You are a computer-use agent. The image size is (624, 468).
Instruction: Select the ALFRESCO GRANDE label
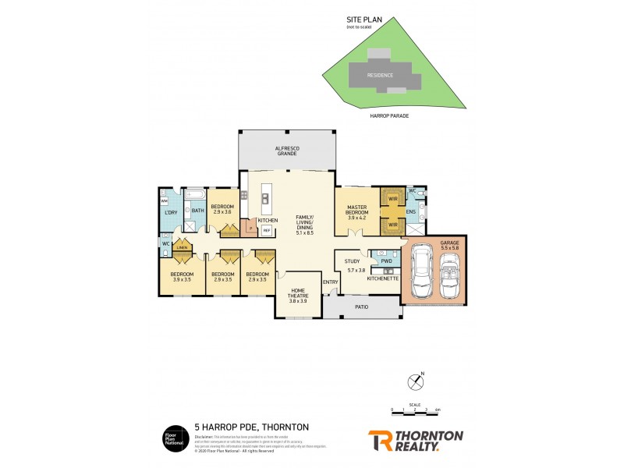tap(288, 151)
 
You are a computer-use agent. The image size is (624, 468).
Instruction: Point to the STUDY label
tap(352, 261)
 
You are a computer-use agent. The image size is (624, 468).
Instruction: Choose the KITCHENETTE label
tap(383, 278)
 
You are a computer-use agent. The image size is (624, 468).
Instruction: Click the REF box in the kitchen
tap(266, 231)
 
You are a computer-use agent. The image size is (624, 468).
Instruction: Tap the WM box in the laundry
tap(165, 201)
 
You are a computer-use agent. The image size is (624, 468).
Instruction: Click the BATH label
tap(198, 211)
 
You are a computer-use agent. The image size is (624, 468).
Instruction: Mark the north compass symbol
tap(415, 381)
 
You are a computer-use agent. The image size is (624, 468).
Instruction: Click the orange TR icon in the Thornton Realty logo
tap(380, 440)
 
